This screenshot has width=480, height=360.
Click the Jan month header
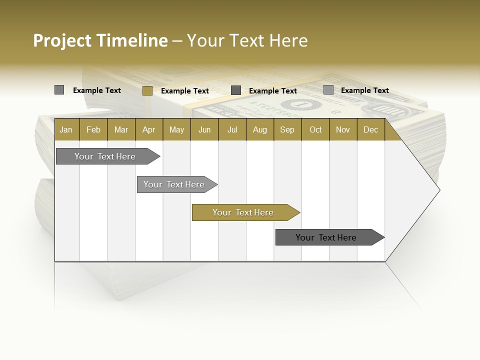point(66,129)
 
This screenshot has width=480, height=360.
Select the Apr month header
point(148,129)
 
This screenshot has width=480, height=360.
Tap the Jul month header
point(232,129)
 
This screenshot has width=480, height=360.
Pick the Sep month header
point(287,129)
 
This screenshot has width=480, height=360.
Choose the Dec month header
point(370,129)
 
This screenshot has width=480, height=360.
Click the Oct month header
point(315,129)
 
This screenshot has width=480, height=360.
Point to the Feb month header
point(93,129)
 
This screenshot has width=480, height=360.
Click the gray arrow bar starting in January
point(105,156)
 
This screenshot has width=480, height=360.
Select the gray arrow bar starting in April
point(174,184)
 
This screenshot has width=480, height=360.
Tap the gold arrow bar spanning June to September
point(243,212)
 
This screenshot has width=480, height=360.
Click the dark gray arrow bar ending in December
point(326,237)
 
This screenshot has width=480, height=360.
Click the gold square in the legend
point(147,90)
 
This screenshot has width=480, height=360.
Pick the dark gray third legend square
point(236,90)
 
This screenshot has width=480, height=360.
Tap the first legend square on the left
point(59,90)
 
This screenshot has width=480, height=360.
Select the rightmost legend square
point(328,90)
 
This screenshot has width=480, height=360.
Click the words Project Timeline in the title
point(100,40)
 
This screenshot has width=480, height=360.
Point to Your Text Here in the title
point(247,40)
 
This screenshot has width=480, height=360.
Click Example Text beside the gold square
point(184,91)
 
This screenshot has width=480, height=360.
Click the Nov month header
point(343,129)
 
